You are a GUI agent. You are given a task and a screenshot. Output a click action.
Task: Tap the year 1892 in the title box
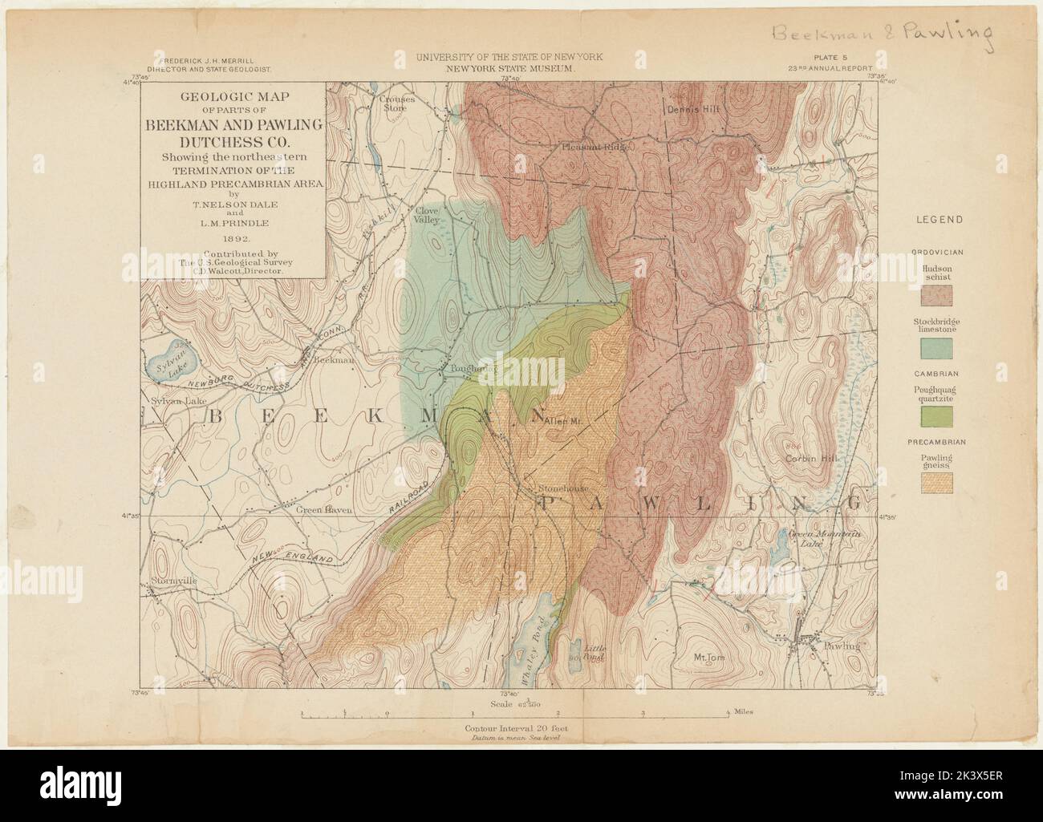(233, 238)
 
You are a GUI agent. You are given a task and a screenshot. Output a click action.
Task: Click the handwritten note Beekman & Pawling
(879, 34)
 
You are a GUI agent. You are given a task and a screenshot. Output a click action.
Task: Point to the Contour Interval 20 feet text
(513, 729)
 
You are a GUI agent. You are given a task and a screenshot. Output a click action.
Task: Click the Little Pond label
(592, 652)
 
